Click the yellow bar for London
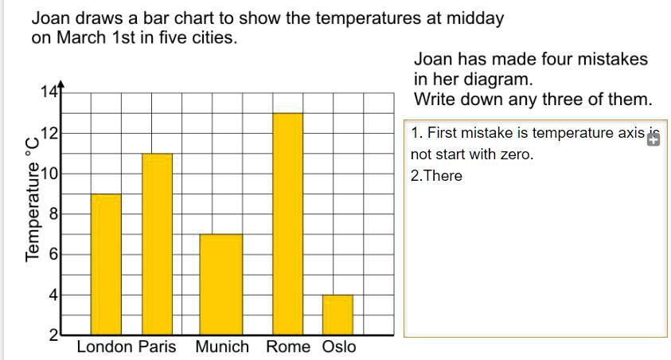[106, 264]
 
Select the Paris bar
[157, 244]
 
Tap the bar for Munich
[220, 284]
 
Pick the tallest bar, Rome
[287, 224]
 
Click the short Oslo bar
[337, 315]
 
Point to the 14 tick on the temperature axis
[49, 92]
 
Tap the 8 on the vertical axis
[53, 214]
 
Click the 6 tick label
[53, 255]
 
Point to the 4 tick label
[53, 295]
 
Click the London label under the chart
[105, 347]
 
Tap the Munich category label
[222, 347]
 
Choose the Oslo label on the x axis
[339, 347]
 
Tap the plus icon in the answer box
[653, 140]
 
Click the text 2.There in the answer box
[436, 176]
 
